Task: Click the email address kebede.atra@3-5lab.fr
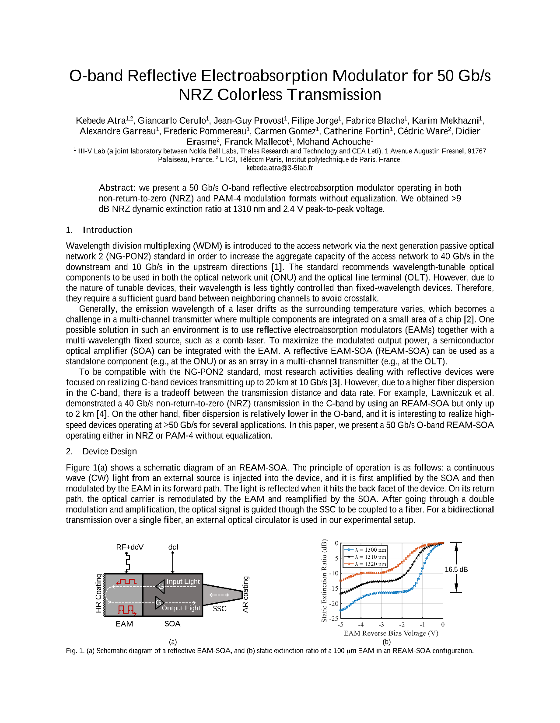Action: point(280,168)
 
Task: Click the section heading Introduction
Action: point(107,230)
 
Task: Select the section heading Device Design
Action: point(109,451)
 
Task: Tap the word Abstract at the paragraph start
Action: point(117,188)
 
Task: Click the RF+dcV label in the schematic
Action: point(129,547)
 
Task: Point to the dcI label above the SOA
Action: point(173,547)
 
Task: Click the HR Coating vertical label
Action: point(98,594)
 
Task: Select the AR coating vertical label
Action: point(245,594)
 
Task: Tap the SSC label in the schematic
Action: point(220,609)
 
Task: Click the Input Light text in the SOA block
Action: point(183,581)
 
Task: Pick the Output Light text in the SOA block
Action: point(181,608)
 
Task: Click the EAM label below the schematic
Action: point(124,624)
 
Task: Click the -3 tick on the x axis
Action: point(381,625)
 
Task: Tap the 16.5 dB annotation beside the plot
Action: point(456,570)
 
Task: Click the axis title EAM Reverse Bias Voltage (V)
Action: point(391,633)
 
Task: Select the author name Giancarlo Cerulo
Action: point(171,121)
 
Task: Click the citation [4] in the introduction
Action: point(101,414)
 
